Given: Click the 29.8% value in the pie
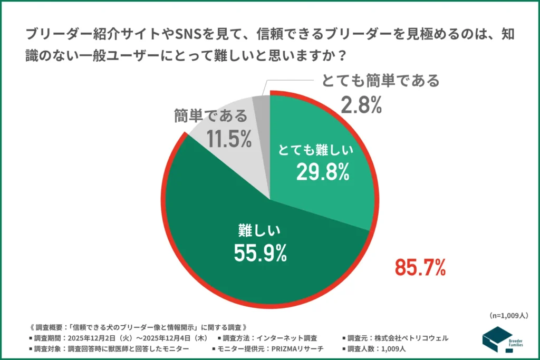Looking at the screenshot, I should click(322, 172).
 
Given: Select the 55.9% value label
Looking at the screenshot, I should click(261, 253).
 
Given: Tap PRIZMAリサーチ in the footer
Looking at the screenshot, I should click(301, 348).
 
